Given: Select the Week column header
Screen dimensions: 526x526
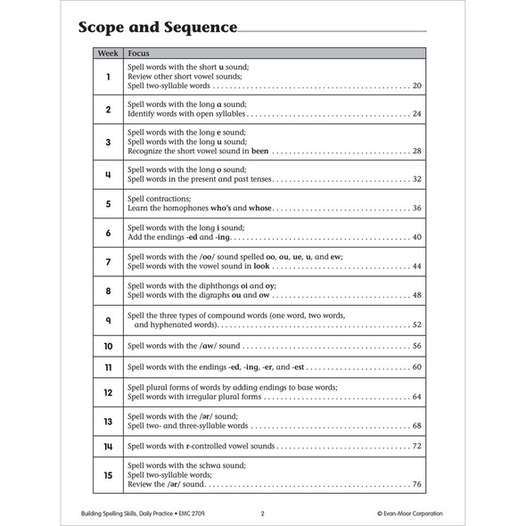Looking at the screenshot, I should pos(107,53).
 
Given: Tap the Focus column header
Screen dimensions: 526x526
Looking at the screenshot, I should pos(139,53).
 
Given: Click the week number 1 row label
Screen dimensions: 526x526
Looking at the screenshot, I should pos(108,77).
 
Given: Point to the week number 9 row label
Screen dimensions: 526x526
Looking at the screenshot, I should pos(108,320).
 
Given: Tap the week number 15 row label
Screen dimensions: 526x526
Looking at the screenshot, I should pos(108,476).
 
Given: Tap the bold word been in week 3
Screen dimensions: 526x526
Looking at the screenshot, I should pos(259,151).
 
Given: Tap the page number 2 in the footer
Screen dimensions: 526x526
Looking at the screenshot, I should pos(262,513).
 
